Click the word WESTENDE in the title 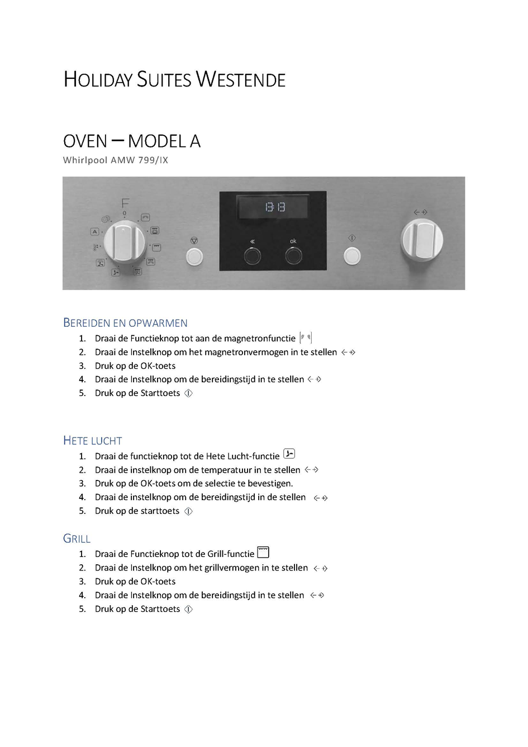coord(241,79)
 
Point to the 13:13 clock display coord(275,207)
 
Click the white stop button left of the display coord(194,256)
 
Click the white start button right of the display coord(352,256)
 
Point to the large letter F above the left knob coord(125,203)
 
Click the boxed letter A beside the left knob coord(94,231)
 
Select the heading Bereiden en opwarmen coord(125,323)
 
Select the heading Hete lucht coord(93,441)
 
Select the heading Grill coord(77,539)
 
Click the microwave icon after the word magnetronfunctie coord(306,337)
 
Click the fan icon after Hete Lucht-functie coord(289,454)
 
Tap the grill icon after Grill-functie coord(263,552)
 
